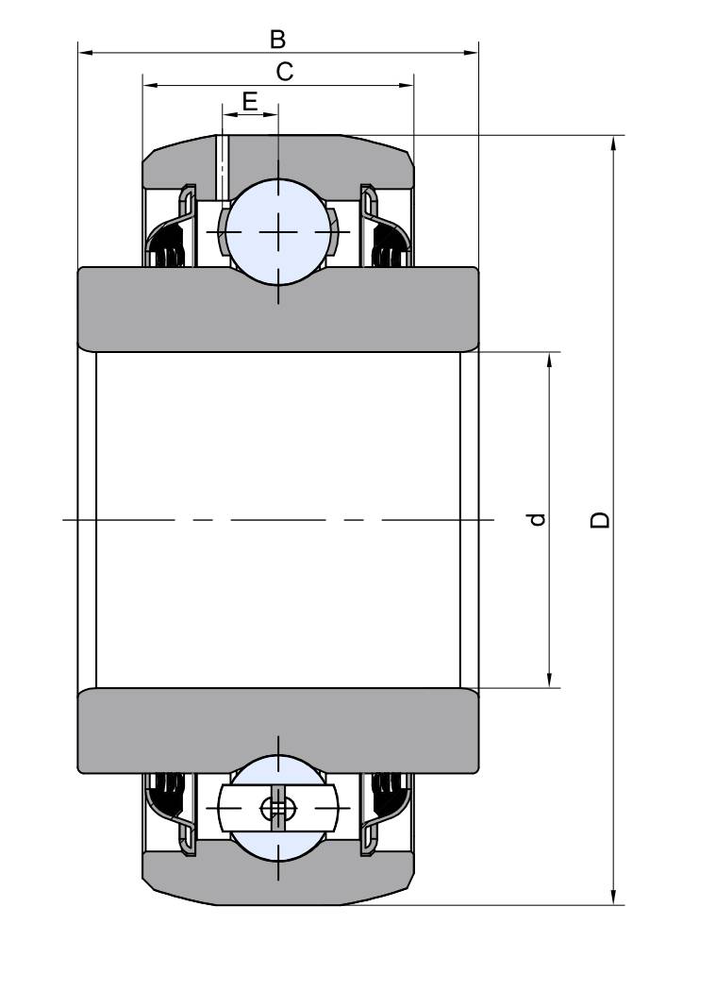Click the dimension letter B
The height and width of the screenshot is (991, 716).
point(277,40)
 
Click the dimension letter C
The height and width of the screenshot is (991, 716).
point(284,72)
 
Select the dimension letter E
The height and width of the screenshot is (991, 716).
point(250,101)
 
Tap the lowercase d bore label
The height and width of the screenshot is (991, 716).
point(537,519)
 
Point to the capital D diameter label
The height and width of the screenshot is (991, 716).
point(600,519)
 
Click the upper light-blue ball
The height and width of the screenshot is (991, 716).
point(278,232)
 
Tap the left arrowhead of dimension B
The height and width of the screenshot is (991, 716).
point(85,53)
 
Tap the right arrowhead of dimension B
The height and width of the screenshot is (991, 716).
point(471,53)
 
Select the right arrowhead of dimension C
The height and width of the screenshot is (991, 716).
point(406,85)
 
